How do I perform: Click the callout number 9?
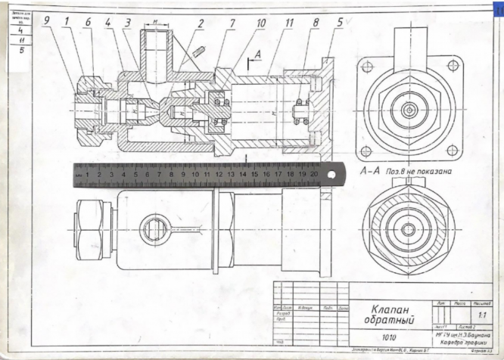[x=47, y=21]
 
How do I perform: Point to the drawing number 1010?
[x=388, y=337]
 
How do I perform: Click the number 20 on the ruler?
[x=313, y=174]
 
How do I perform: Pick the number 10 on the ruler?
[x=195, y=174]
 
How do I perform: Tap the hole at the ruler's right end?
[x=332, y=175]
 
